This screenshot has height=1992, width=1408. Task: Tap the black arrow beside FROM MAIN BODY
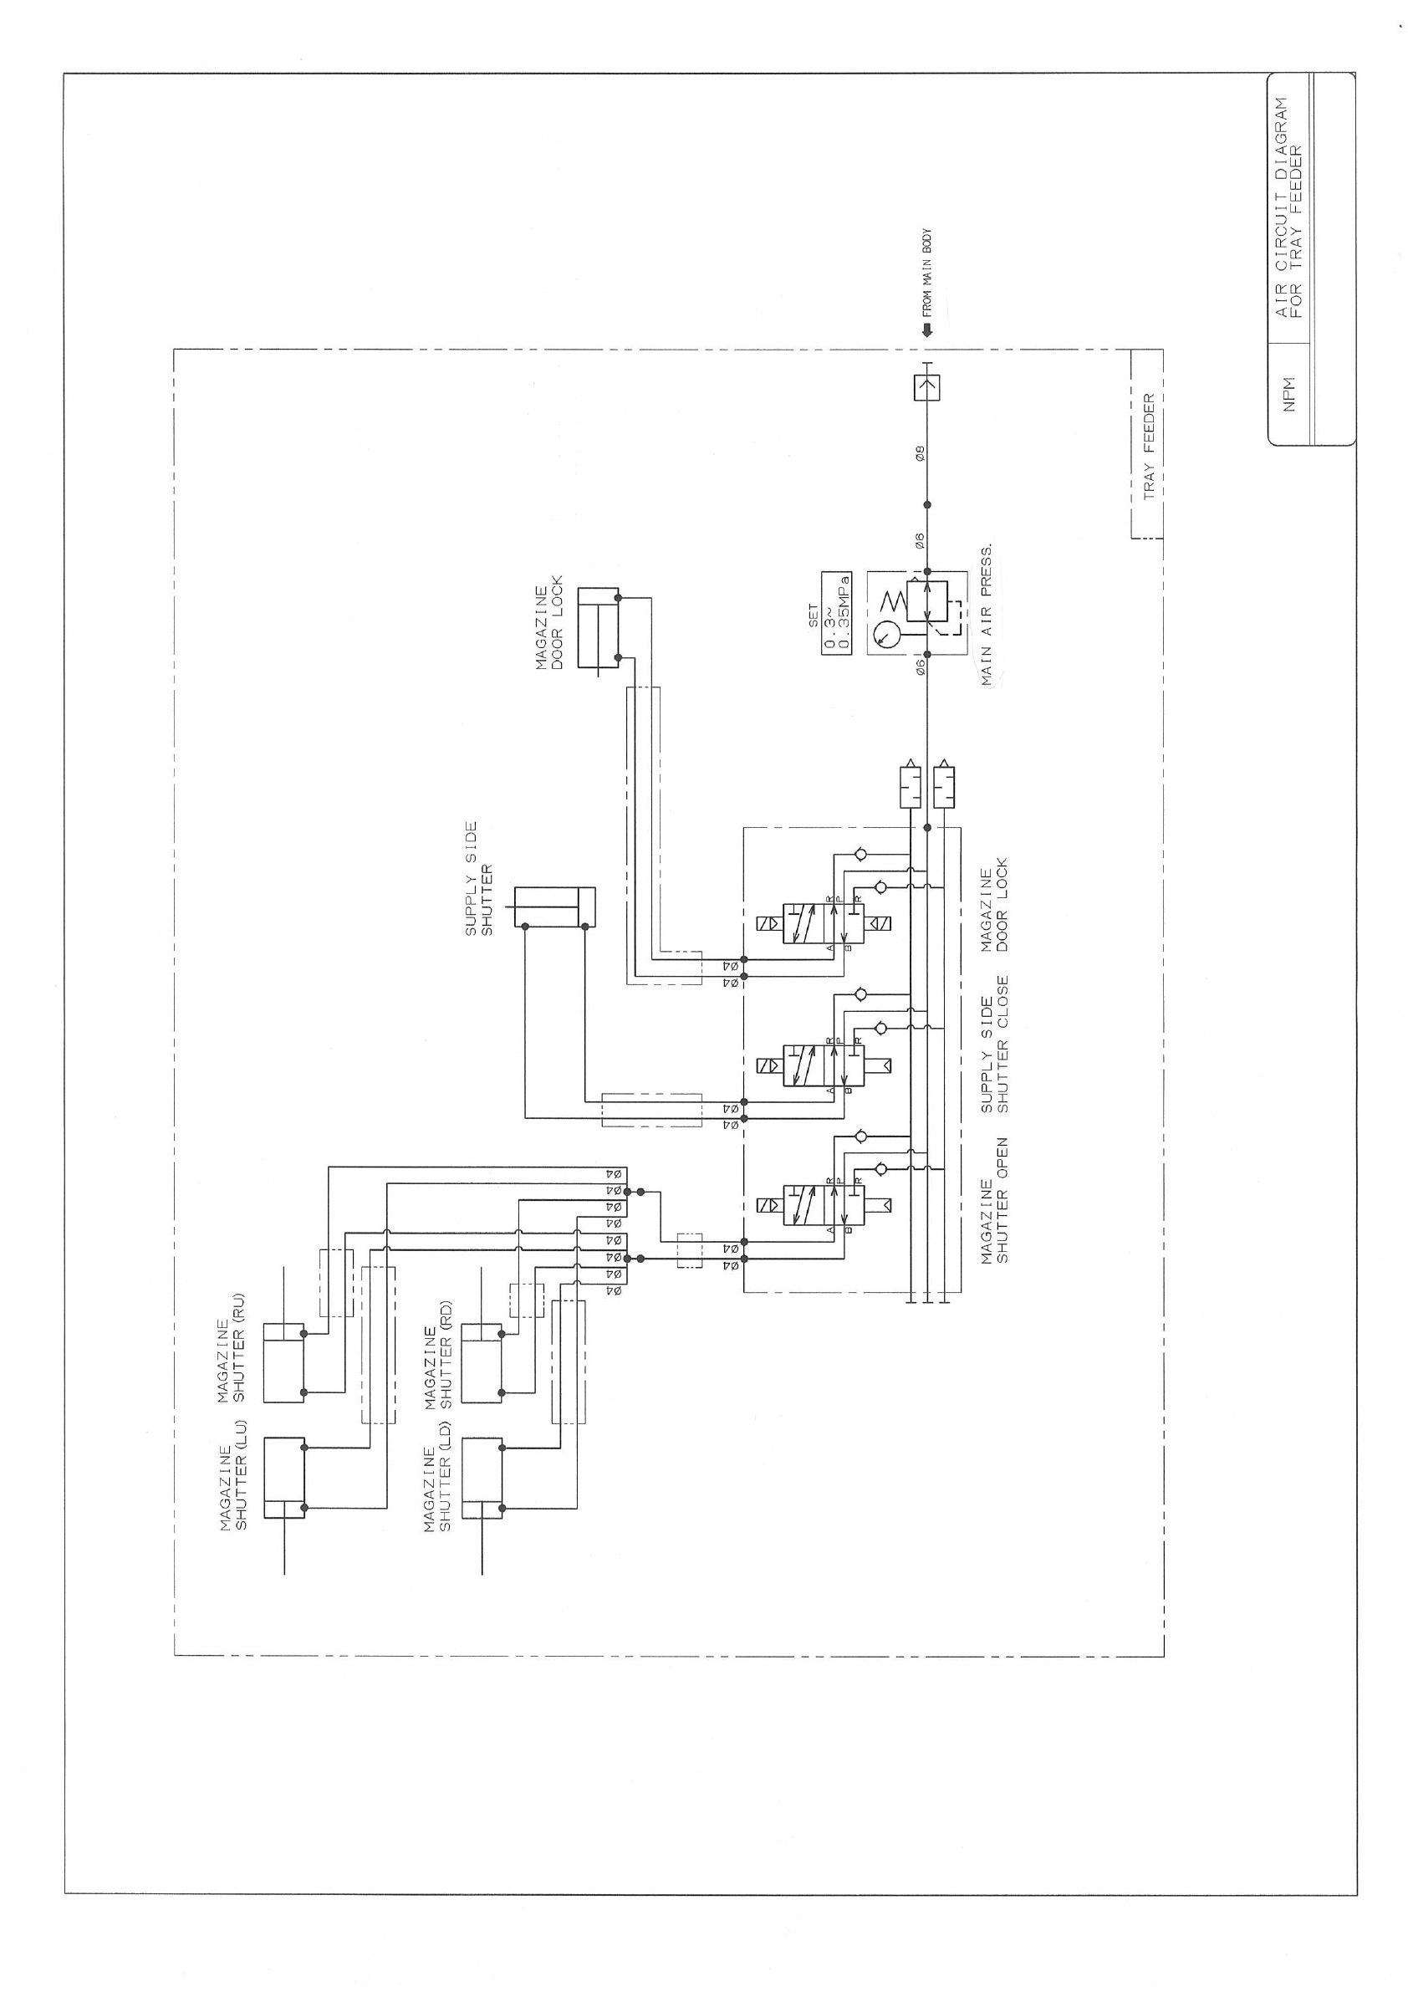(x=926, y=330)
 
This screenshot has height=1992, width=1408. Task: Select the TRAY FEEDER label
(x=1149, y=446)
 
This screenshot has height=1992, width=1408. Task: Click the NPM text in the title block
(x=1288, y=394)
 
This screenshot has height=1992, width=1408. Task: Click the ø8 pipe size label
(x=921, y=453)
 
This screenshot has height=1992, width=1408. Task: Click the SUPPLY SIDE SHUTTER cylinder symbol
(x=555, y=907)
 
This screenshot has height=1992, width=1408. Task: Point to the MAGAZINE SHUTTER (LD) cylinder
(x=482, y=1478)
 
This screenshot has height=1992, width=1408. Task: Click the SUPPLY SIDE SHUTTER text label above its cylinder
(x=478, y=878)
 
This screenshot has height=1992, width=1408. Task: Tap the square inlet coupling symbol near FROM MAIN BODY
(x=926, y=387)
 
